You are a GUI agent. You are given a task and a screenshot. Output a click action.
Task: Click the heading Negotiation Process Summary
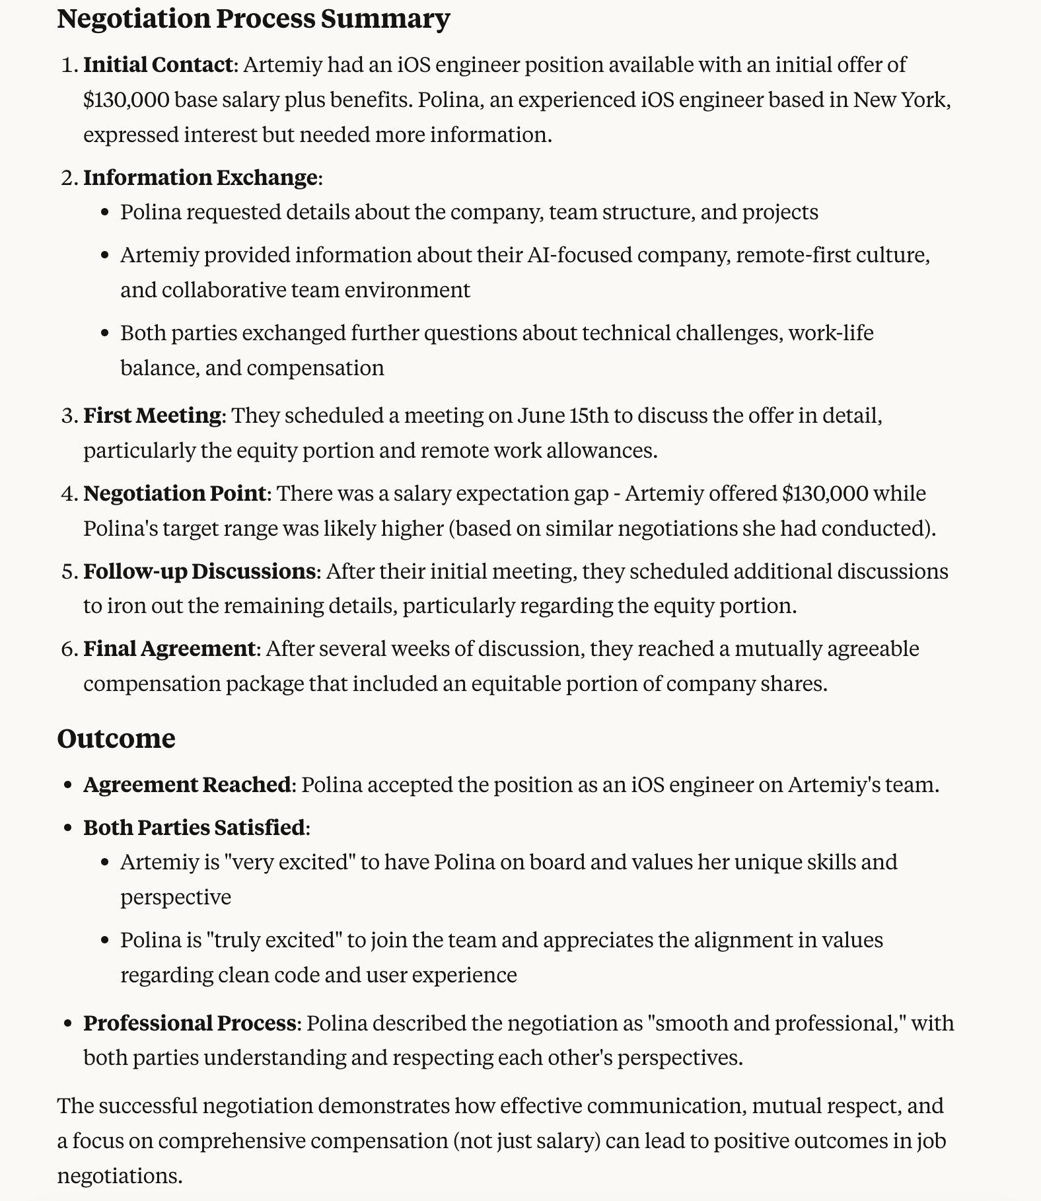253,18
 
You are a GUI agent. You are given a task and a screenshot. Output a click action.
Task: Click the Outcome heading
116,738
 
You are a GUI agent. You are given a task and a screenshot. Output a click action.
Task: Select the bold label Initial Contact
158,65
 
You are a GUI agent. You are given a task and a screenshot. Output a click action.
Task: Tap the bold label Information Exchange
200,177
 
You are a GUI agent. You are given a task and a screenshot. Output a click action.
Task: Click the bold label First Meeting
152,415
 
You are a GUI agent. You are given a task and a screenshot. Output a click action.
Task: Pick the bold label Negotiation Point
175,493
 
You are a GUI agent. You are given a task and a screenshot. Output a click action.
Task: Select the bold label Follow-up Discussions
199,571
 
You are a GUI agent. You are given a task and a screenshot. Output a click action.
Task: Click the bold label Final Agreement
169,648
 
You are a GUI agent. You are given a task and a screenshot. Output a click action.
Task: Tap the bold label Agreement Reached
187,784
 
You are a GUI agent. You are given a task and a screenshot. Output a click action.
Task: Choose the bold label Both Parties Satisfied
195,827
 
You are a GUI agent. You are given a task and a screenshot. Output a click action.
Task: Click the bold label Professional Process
189,1023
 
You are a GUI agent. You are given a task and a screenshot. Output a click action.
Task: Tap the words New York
900,100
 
